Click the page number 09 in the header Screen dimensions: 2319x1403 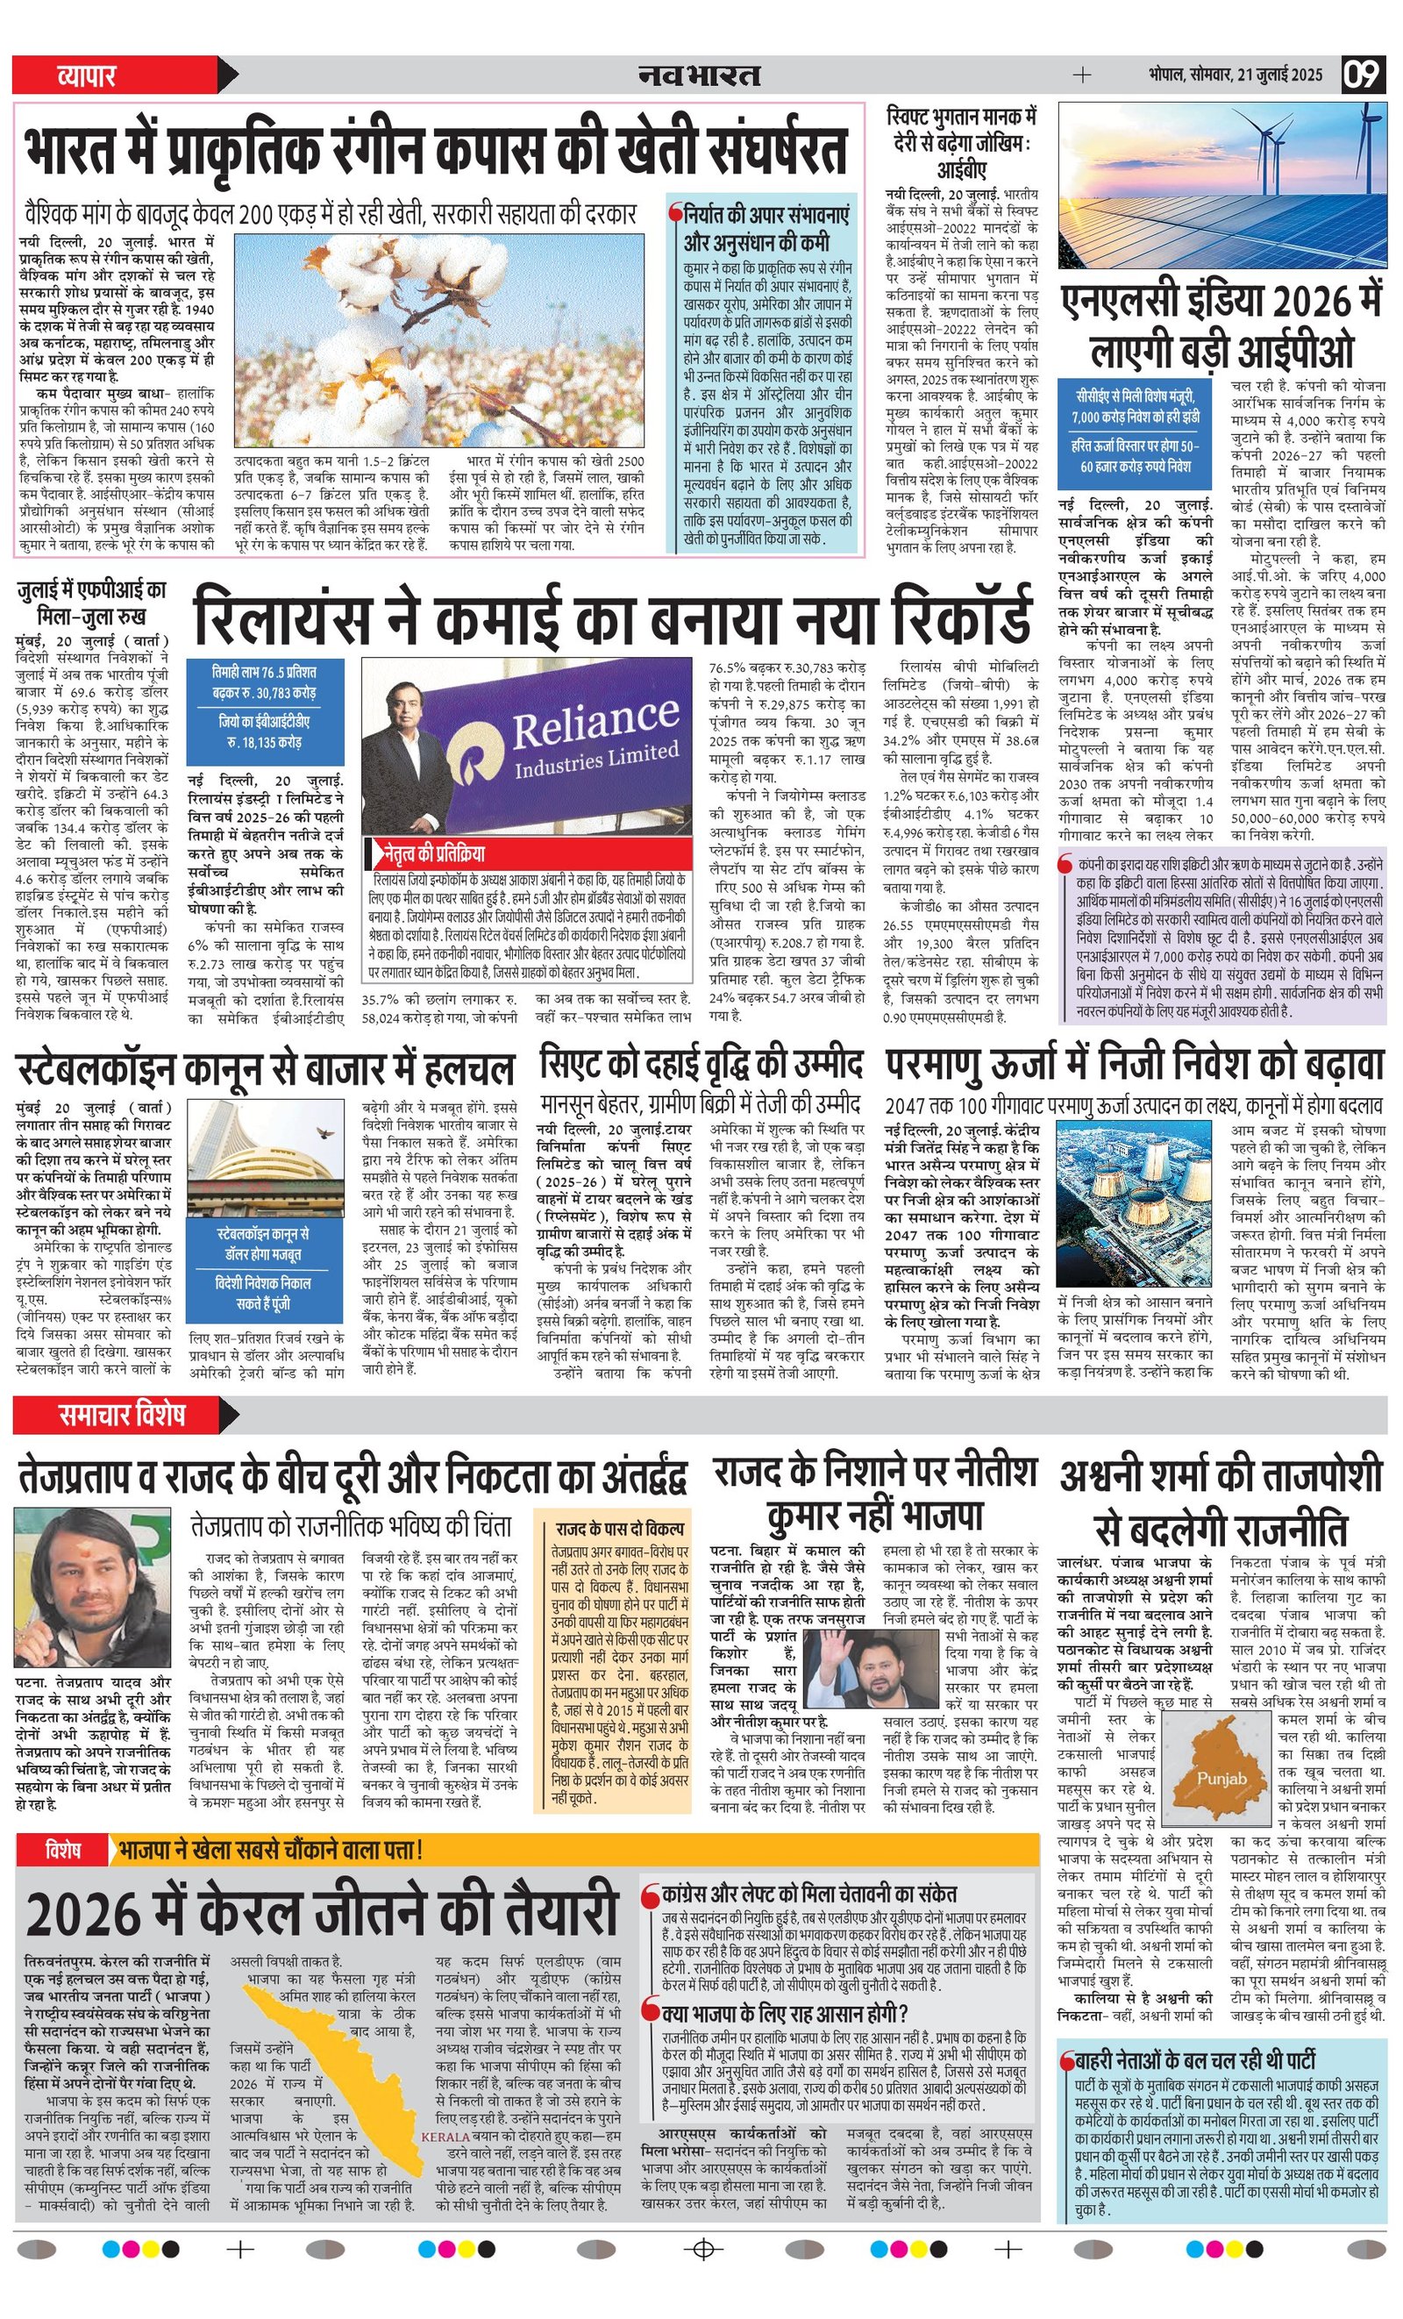coord(1363,75)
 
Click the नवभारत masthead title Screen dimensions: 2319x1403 coord(698,75)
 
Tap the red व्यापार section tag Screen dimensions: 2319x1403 coord(87,75)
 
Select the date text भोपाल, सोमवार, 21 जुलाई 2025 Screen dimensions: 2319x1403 coord(1235,75)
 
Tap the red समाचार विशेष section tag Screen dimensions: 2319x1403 coord(121,1415)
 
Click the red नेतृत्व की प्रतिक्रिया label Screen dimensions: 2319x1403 coord(434,854)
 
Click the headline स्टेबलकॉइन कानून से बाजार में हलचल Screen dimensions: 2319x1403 coord(266,1070)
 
